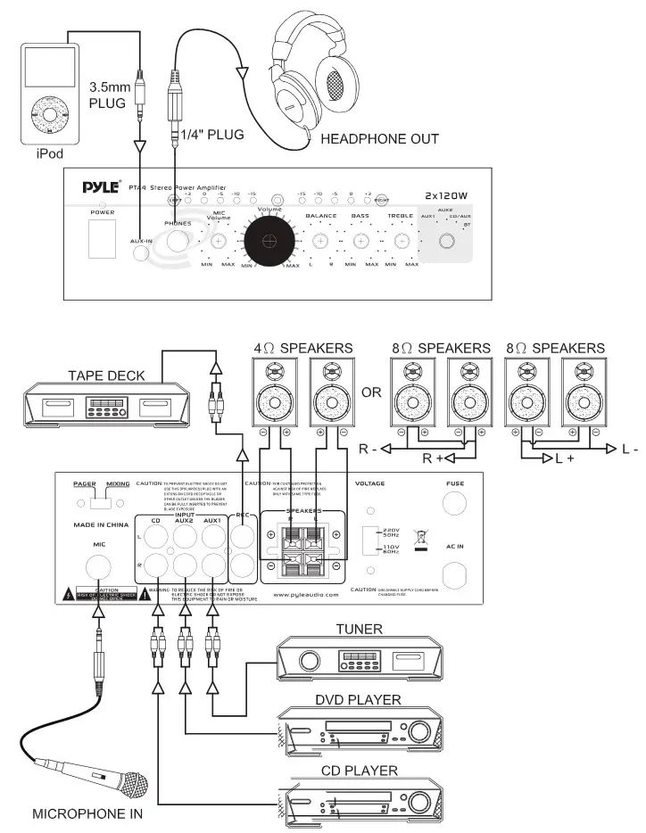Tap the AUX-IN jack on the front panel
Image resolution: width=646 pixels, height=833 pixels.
point(142,252)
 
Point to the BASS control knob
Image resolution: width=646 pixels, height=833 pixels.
point(361,241)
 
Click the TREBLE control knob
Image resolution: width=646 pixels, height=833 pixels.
point(402,241)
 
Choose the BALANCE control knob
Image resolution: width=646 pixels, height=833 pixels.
point(319,241)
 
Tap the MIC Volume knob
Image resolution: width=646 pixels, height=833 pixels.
point(219,241)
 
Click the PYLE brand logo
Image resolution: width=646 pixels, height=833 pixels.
point(101,187)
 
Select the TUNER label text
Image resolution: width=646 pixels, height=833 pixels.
point(359,629)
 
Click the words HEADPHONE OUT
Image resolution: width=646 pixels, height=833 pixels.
point(379,139)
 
